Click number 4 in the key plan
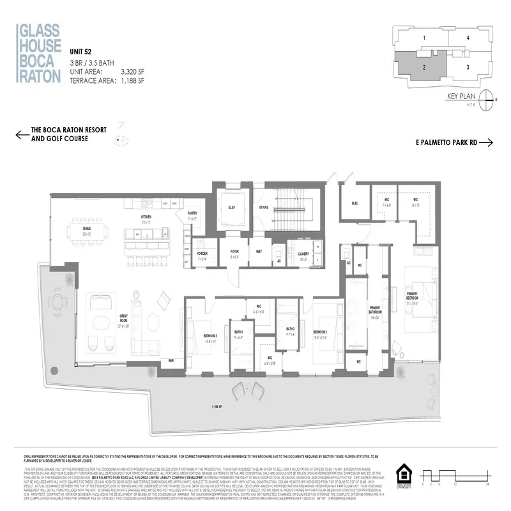(x=468, y=38)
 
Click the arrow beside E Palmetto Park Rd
(x=487, y=143)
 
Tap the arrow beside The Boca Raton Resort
(x=21, y=134)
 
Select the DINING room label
(x=77, y=232)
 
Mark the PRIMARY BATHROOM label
(x=374, y=312)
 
